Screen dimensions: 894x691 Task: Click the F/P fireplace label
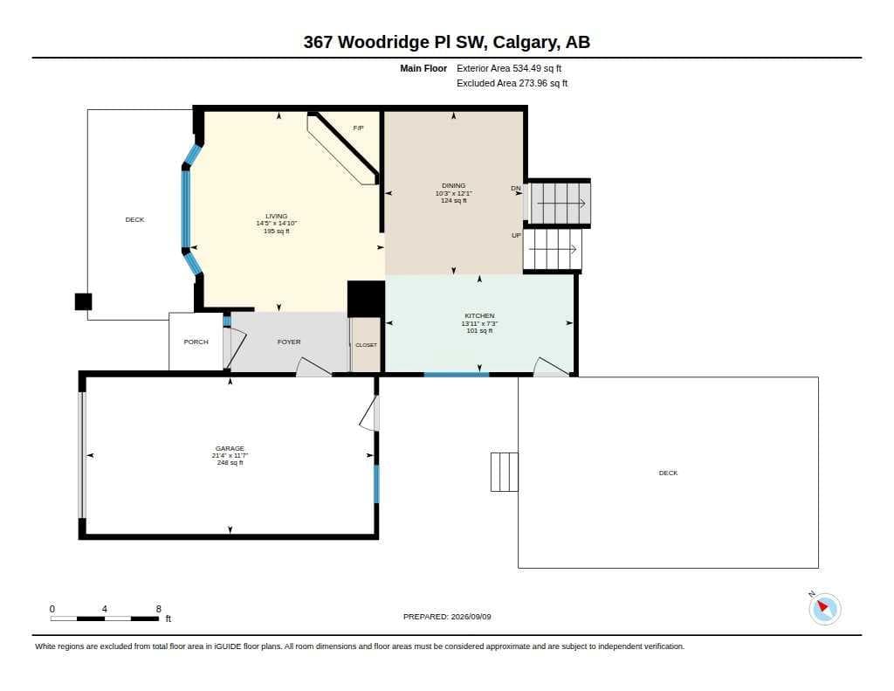[x=358, y=128]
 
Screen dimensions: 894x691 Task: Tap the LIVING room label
[x=277, y=217]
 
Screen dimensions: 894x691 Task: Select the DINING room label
[x=454, y=185]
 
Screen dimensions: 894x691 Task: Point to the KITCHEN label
[x=479, y=315]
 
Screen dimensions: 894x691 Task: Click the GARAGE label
[x=230, y=448]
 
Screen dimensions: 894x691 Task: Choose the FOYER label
[x=289, y=342]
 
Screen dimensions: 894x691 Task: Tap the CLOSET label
[x=366, y=345]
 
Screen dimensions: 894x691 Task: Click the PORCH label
[x=196, y=342]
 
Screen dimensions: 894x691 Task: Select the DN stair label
[x=516, y=189]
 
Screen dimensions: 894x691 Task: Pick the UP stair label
[x=517, y=236]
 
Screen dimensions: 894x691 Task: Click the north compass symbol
[x=824, y=608]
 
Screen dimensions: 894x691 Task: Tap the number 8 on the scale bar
[x=159, y=609]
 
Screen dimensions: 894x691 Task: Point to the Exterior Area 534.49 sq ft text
[x=509, y=68]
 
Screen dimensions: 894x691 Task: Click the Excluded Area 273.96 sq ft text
[x=512, y=83]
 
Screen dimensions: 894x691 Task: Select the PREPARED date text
[x=447, y=617]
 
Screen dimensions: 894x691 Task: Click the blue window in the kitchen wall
[x=456, y=375]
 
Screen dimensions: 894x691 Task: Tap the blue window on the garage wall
[x=376, y=484]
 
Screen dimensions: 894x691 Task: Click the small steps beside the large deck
[x=505, y=472]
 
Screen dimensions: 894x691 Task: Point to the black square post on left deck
[x=83, y=302]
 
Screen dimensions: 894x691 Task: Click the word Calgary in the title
[x=526, y=43]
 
